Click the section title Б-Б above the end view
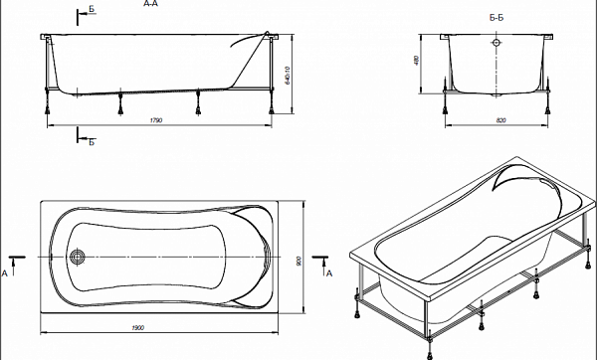497,19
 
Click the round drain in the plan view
80,256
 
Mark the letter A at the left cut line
7,270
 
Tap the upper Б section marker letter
92,9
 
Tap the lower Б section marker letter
92,143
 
